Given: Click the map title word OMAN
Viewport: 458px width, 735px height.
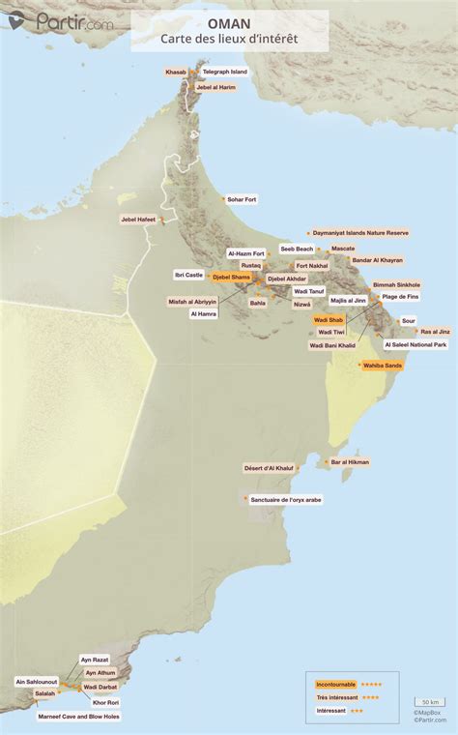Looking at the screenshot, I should click(228, 20).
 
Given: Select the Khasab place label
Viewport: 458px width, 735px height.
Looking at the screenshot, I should click(176, 72).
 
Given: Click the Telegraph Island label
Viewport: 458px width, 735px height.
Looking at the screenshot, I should click(224, 72).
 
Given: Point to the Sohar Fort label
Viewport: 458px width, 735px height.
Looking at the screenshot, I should click(241, 199).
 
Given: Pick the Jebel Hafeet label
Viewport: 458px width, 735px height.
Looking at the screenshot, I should click(137, 219).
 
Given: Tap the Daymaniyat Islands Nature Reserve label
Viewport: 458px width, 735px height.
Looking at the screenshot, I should click(359, 233).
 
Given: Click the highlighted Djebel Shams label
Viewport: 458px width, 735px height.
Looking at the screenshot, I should click(231, 278).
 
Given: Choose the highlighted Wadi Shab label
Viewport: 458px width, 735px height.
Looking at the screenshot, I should click(329, 319).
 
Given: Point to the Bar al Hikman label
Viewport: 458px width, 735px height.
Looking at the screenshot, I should click(349, 462).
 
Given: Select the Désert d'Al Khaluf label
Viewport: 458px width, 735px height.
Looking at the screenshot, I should click(268, 468).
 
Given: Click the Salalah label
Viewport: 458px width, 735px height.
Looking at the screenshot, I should click(45, 693).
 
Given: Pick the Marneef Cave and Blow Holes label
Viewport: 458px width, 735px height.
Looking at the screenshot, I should click(79, 717).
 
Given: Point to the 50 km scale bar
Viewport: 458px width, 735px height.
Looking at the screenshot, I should click(429, 702).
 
